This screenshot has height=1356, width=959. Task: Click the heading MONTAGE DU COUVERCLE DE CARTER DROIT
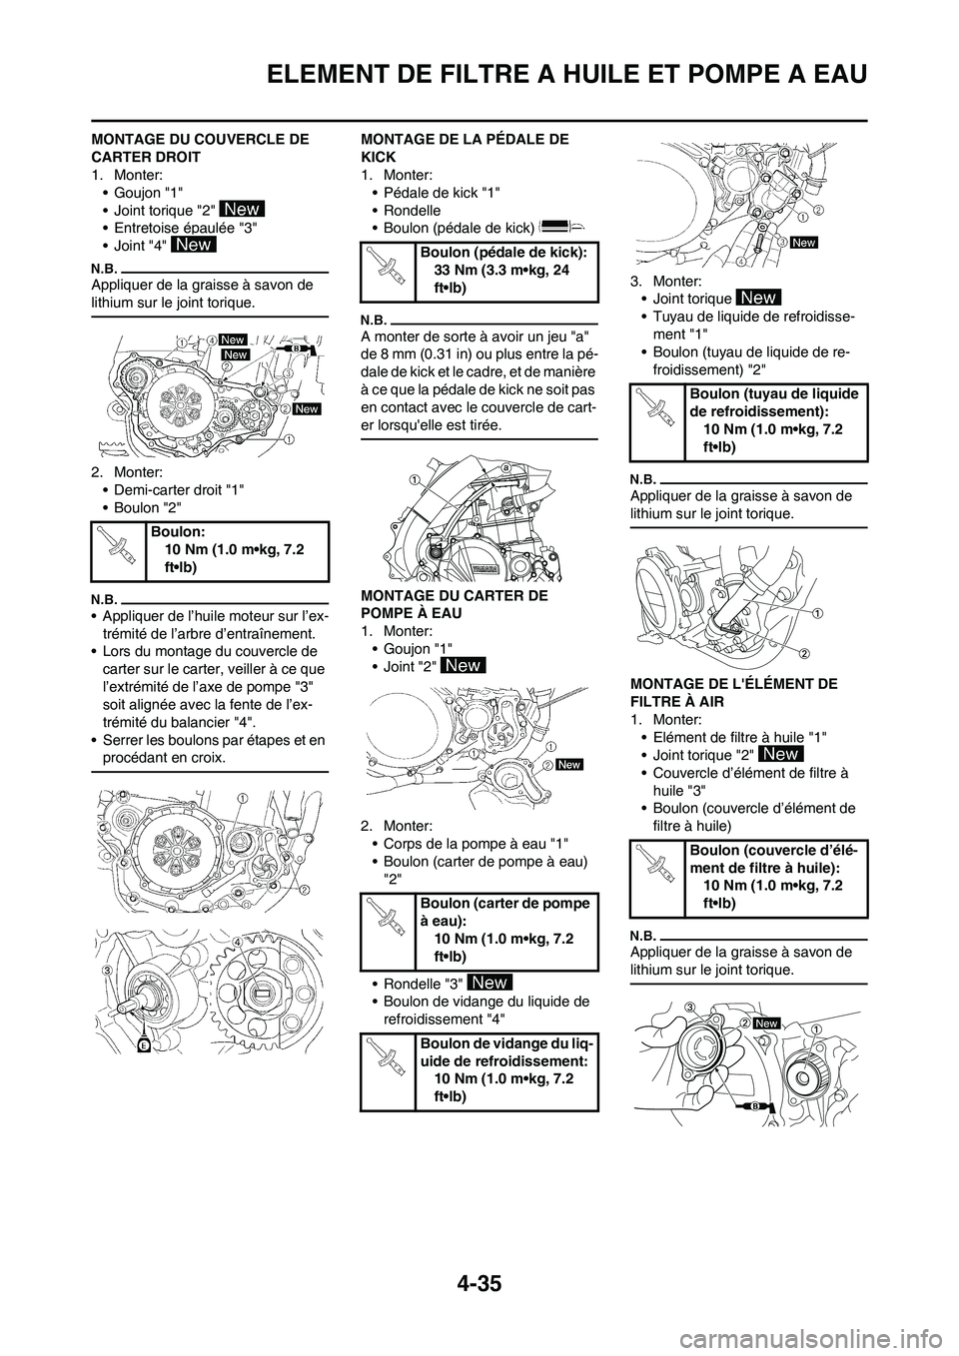point(199,148)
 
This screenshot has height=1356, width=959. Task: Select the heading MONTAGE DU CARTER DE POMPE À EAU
point(454,604)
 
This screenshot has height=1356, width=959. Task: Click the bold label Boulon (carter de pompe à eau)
point(505,912)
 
